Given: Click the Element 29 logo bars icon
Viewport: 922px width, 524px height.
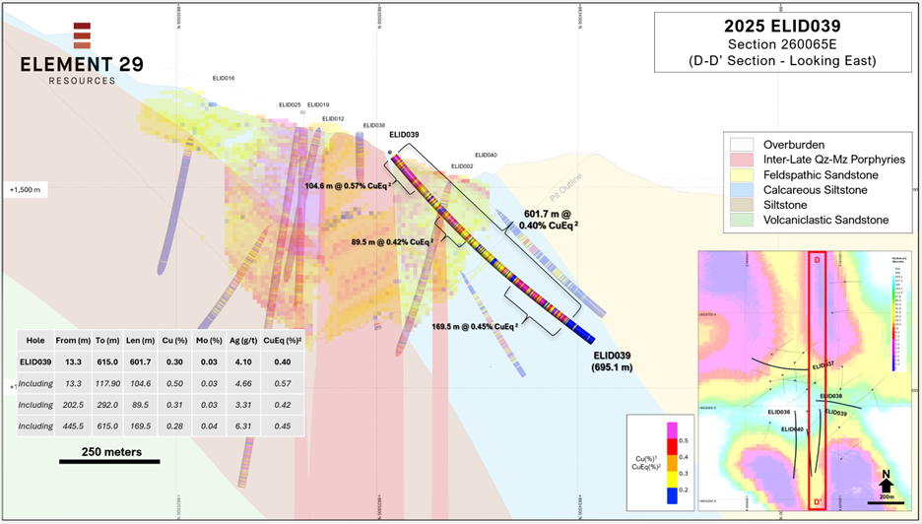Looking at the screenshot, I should pos(82,34).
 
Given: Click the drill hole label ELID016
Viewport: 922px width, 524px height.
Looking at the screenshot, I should pos(224,78).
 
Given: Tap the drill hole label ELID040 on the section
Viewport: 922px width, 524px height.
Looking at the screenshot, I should pos(486,155).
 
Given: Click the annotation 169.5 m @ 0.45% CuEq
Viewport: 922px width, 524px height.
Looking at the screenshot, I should pos(475,326).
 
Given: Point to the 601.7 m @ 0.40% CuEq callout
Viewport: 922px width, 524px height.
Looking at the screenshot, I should pos(556,220).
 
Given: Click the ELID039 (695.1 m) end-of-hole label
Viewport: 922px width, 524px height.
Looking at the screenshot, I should pos(617,360).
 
